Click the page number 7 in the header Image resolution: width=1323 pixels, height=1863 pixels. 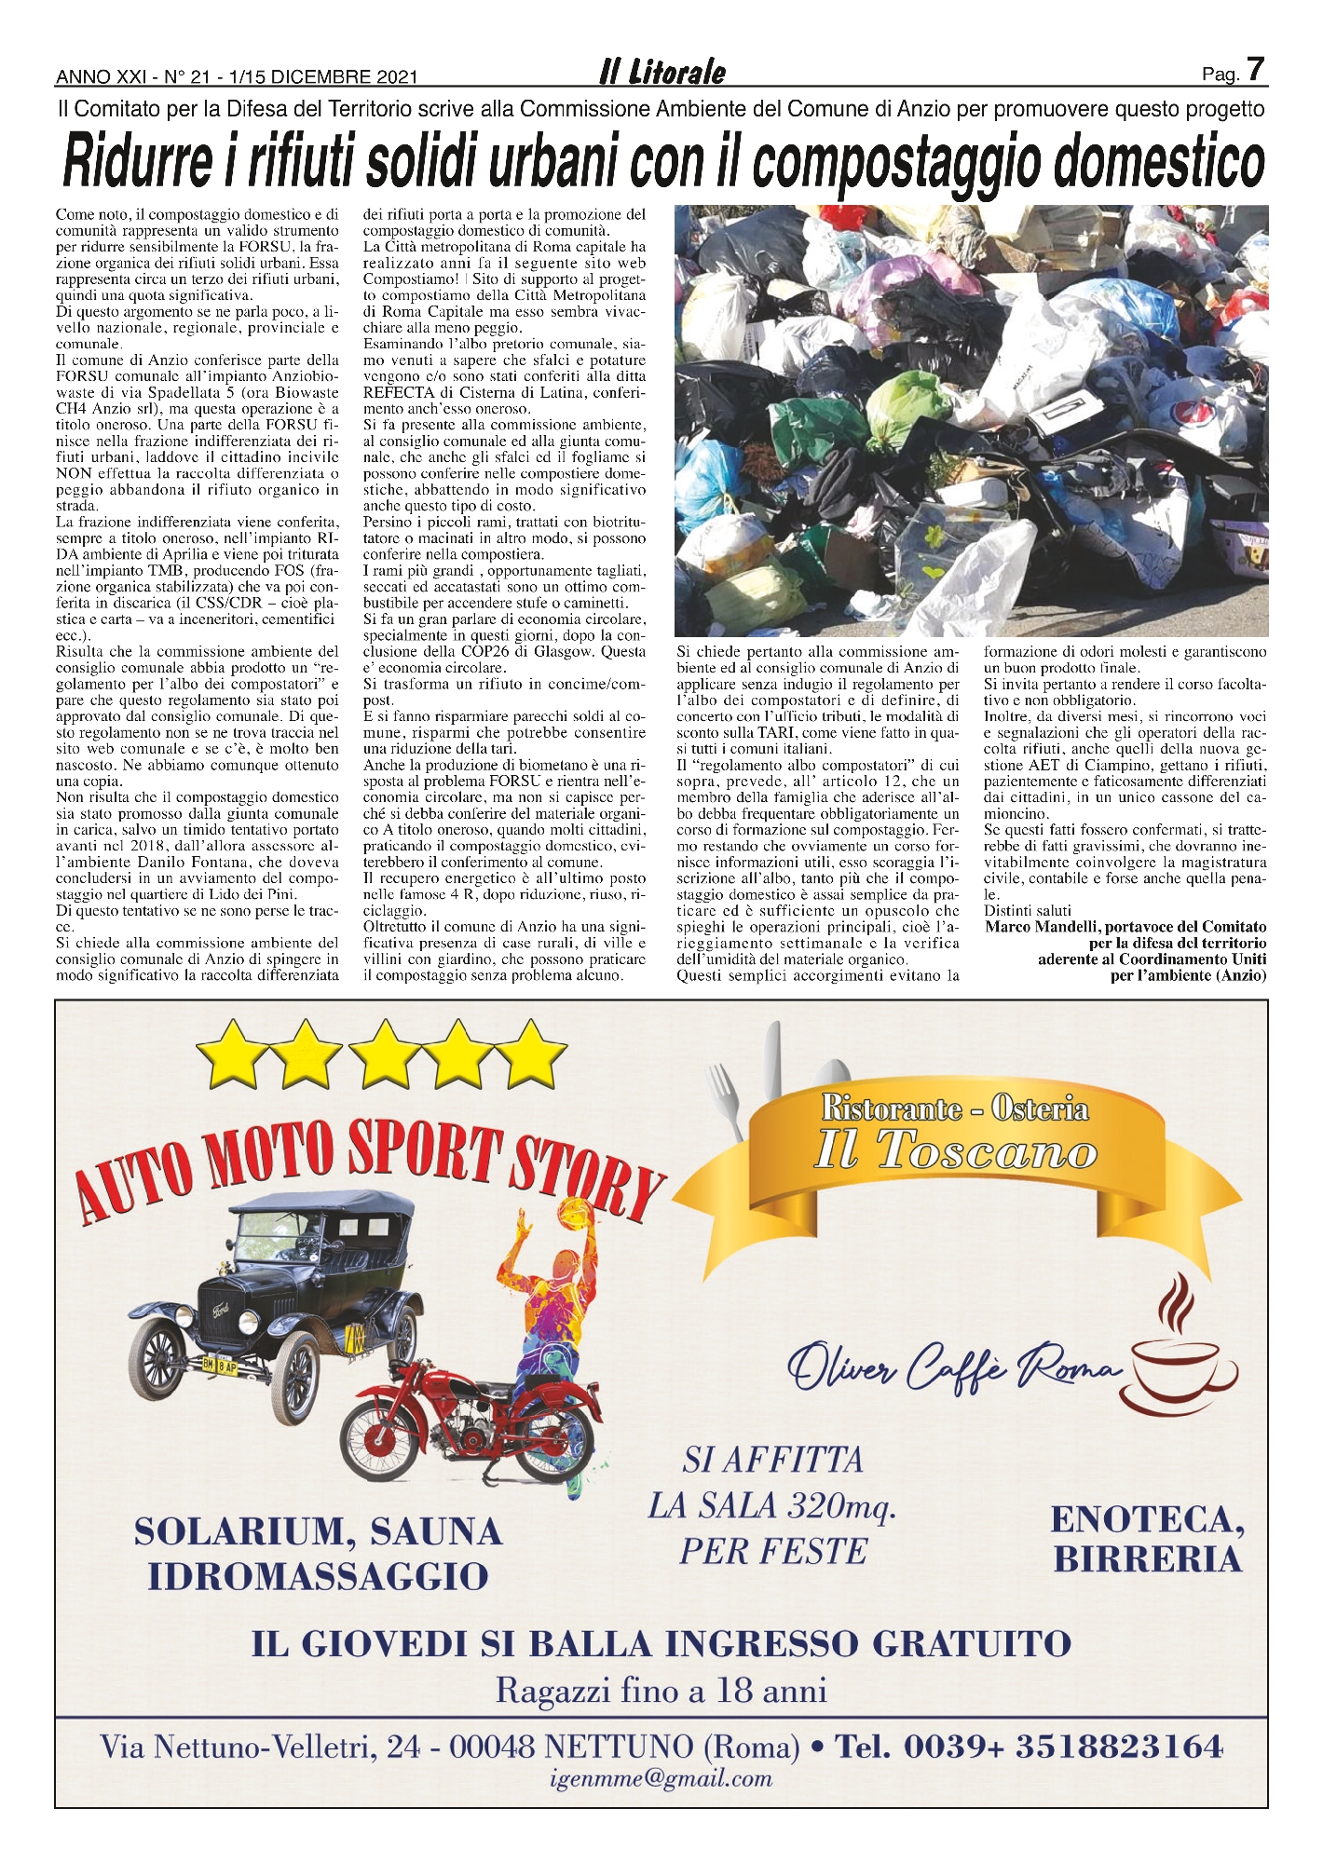tap(1255, 70)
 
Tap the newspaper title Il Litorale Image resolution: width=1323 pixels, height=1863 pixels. tap(661, 73)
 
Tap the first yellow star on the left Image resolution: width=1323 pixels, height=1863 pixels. tap(225, 1053)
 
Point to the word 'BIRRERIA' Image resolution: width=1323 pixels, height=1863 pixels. tap(1148, 1558)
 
